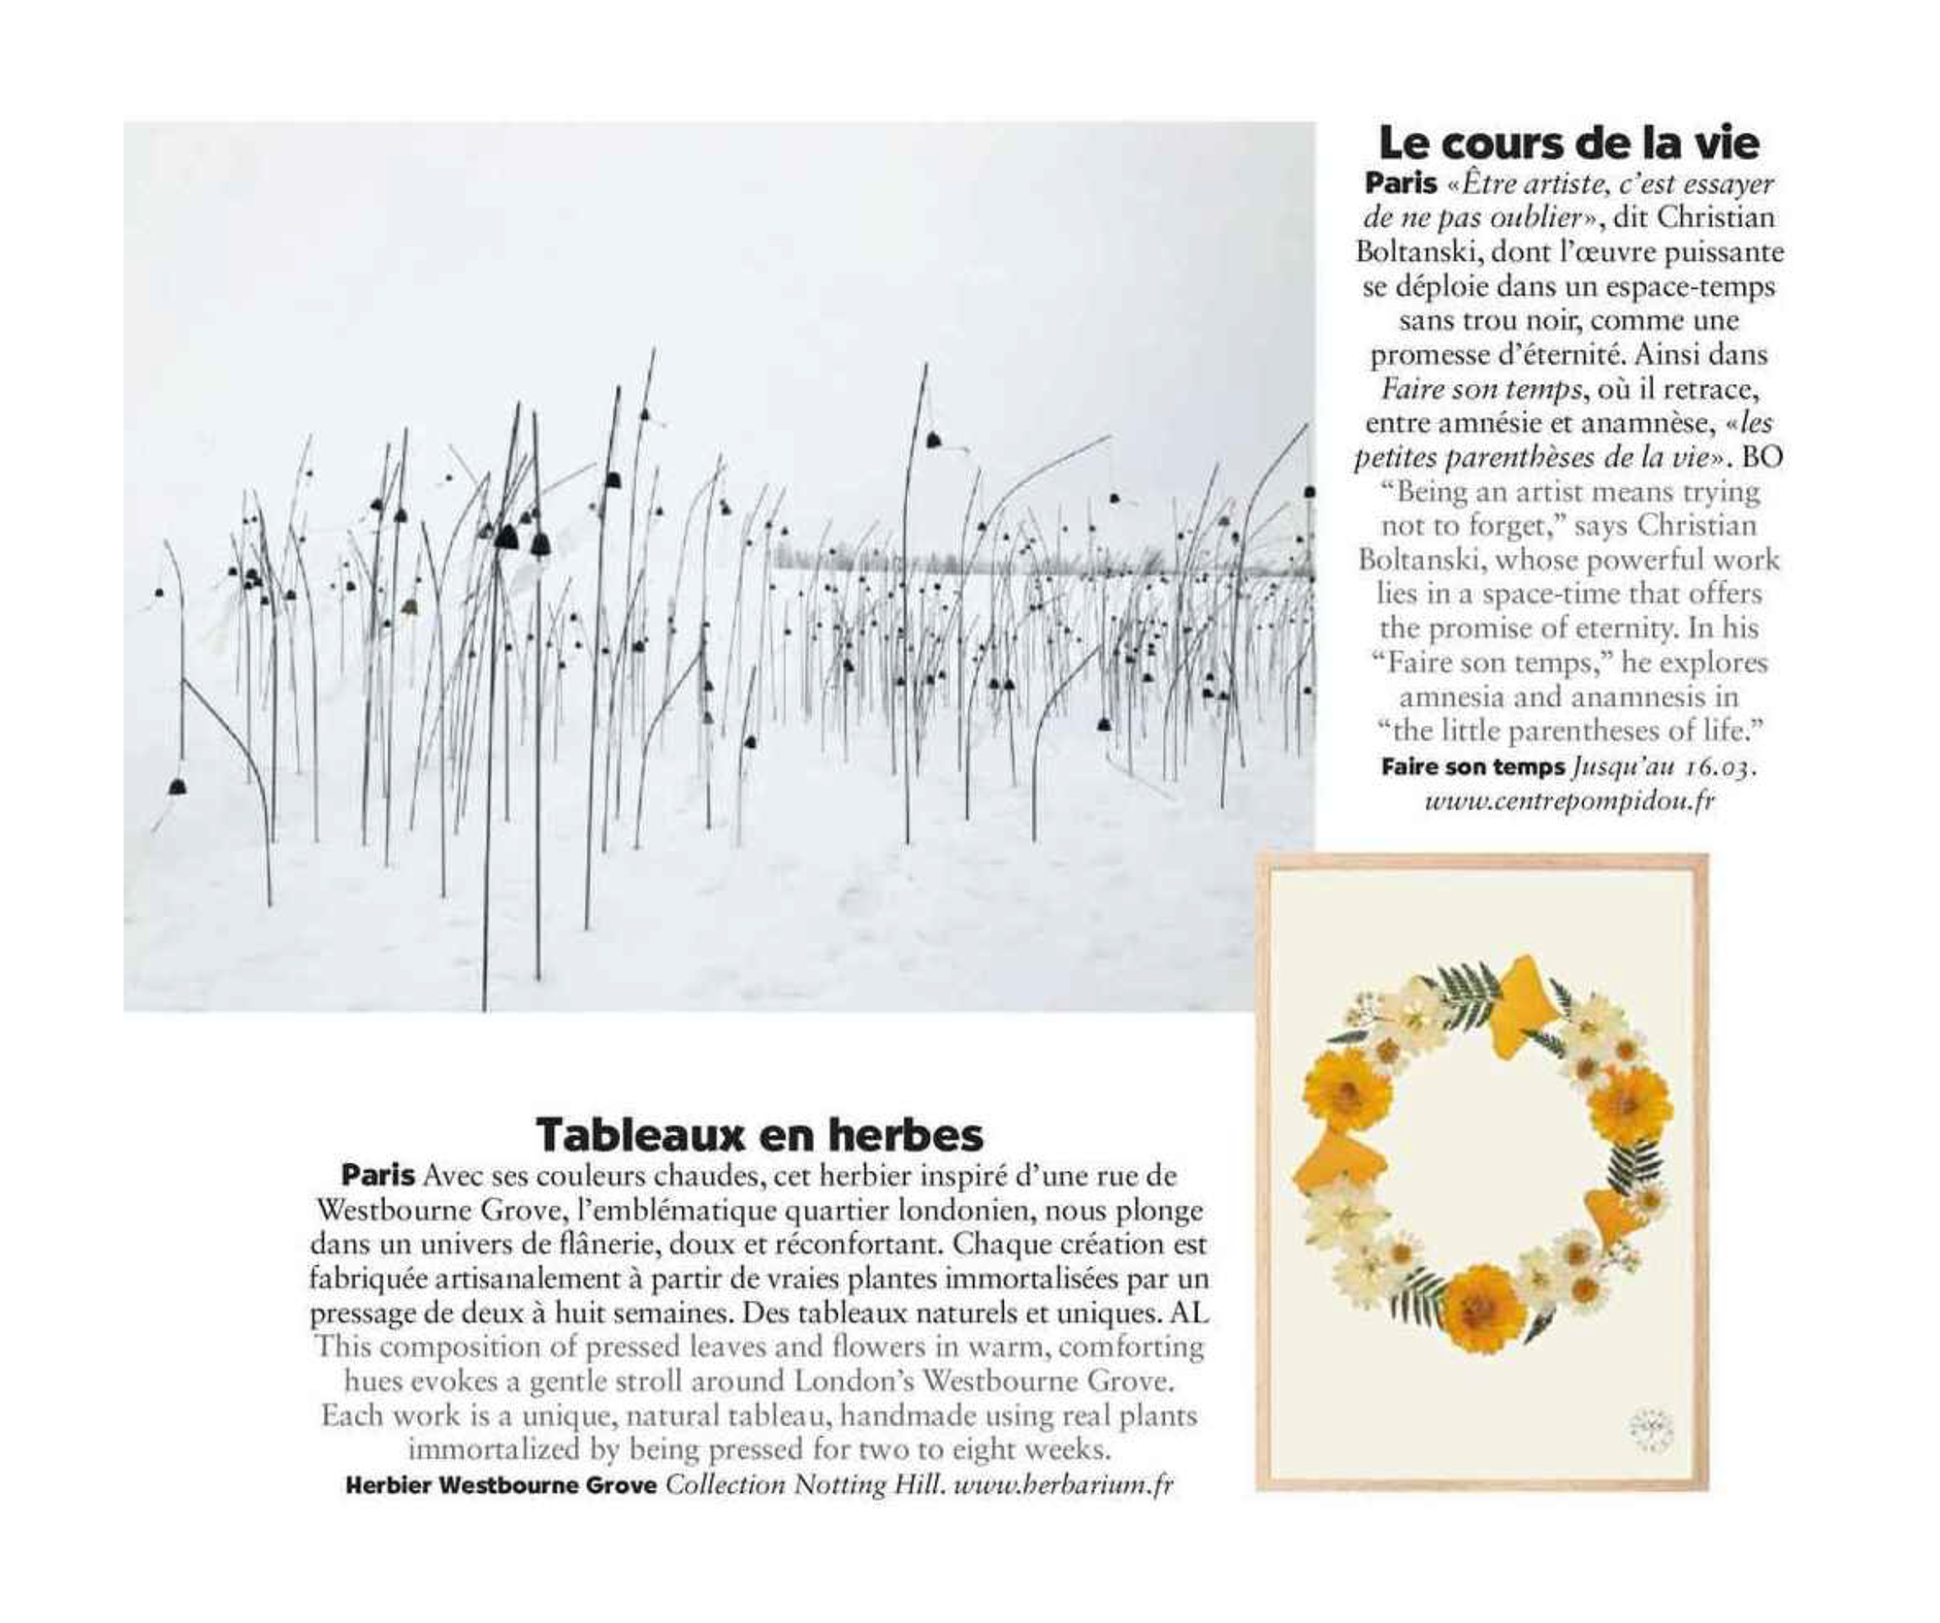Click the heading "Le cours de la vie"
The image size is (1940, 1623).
click(1568, 143)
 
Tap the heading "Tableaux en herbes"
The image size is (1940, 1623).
click(760, 1134)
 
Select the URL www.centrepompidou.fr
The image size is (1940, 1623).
click(1568, 801)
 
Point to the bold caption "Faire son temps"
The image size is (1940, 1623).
click(1472, 767)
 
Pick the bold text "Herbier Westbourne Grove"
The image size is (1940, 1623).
click(501, 1485)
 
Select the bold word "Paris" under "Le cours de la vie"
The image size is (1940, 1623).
click(1401, 183)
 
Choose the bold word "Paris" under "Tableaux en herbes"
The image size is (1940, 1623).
click(377, 1176)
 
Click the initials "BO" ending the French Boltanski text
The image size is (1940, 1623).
click(1762, 457)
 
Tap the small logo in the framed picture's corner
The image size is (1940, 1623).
click(1650, 1430)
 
